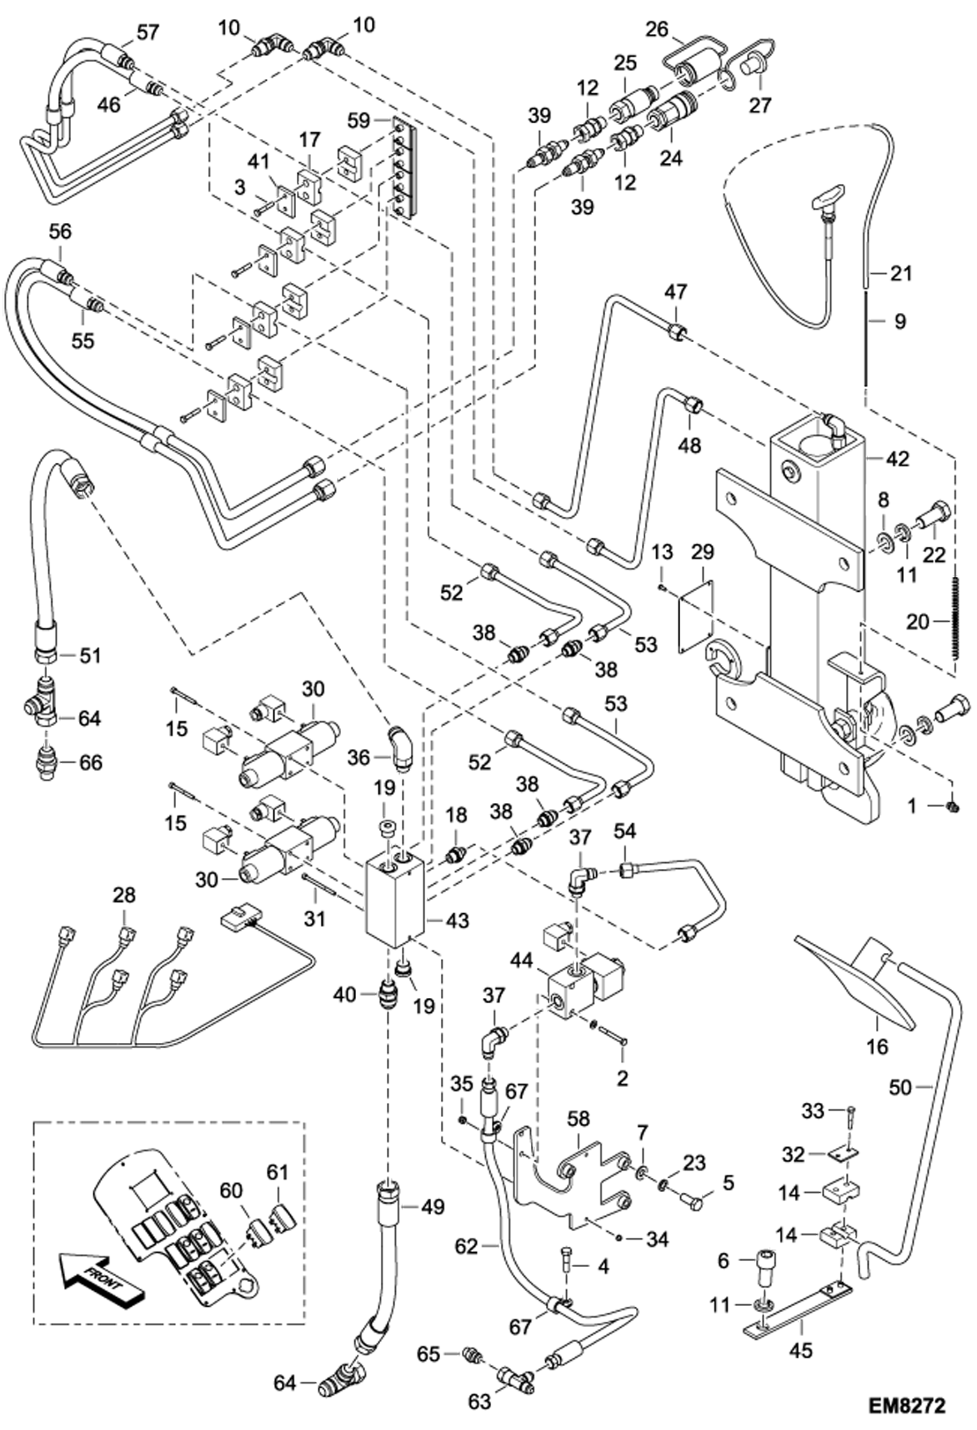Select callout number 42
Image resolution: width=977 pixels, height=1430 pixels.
click(x=897, y=459)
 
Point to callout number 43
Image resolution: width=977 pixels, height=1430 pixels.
click(x=457, y=920)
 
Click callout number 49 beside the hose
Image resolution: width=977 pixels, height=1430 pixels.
click(x=432, y=1206)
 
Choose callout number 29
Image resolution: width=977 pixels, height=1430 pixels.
click(x=703, y=552)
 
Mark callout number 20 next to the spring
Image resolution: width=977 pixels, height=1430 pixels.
click(x=917, y=622)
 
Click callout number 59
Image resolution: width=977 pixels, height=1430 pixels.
click(x=359, y=121)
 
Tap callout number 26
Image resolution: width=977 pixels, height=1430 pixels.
click(x=657, y=29)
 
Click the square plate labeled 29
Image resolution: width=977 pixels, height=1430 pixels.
click(x=695, y=611)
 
